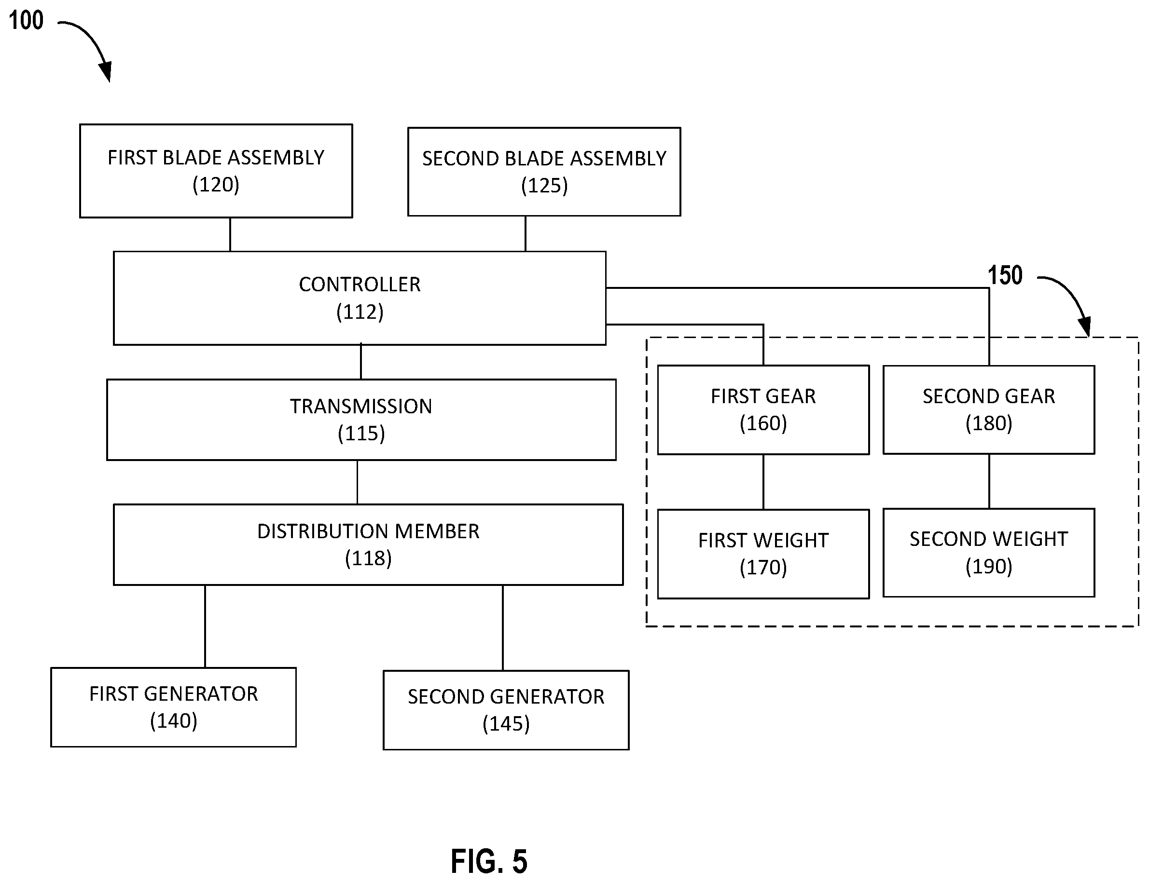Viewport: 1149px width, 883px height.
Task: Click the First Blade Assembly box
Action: [216, 171]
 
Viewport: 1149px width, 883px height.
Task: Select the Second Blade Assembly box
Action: [544, 171]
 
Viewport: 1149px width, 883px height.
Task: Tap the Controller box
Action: [360, 298]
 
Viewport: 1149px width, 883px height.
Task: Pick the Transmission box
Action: [361, 420]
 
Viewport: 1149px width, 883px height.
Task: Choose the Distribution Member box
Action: [368, 544]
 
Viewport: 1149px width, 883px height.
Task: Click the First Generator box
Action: [174, 707]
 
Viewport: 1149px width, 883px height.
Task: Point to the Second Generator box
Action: [506, 709]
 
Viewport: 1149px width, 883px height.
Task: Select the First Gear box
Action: [763, 409]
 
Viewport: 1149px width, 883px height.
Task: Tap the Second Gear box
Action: [989, 409]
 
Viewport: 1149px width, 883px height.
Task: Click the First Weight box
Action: [763, 554]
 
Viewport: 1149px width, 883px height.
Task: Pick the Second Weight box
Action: [989, 552]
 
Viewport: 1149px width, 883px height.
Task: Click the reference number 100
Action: [26, 21]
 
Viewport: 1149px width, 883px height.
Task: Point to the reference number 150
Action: [1005, 275]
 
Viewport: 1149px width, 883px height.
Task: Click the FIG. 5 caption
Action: [489, 860]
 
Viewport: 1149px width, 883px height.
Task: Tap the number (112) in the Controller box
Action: [360, 312]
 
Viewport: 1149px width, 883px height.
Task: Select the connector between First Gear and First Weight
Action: [763, 482]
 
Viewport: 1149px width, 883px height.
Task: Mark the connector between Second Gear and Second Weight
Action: [989, 481]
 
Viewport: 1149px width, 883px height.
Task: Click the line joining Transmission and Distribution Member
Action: [358, 482]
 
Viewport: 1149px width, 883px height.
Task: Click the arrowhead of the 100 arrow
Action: [106, 72]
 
